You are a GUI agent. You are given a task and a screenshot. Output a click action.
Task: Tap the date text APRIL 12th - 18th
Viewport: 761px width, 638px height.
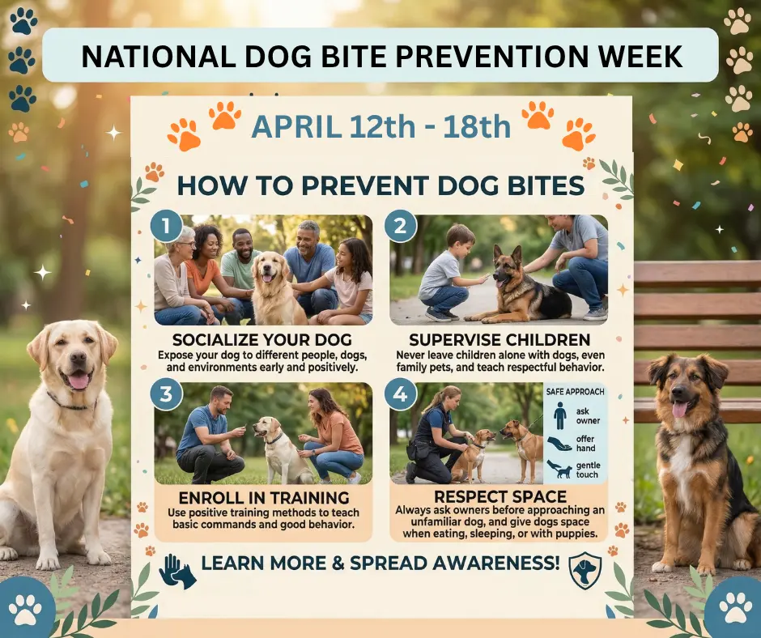380,126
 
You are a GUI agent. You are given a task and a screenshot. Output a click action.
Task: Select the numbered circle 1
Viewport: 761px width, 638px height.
167,228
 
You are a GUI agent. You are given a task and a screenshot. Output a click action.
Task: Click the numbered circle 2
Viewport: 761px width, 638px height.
400,228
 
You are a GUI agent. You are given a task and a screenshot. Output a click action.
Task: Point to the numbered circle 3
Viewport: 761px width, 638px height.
167,396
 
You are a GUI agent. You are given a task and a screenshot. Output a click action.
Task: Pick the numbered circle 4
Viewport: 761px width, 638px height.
400,396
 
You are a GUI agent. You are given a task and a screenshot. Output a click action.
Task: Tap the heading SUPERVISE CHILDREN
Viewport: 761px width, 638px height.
499,338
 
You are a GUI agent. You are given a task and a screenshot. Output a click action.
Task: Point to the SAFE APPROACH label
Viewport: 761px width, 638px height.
575,393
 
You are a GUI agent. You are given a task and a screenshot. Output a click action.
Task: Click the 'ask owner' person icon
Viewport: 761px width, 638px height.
559,416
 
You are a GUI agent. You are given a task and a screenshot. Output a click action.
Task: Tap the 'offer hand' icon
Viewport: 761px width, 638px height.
559,444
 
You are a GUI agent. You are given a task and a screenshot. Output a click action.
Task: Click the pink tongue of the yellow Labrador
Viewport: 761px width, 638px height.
79,380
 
